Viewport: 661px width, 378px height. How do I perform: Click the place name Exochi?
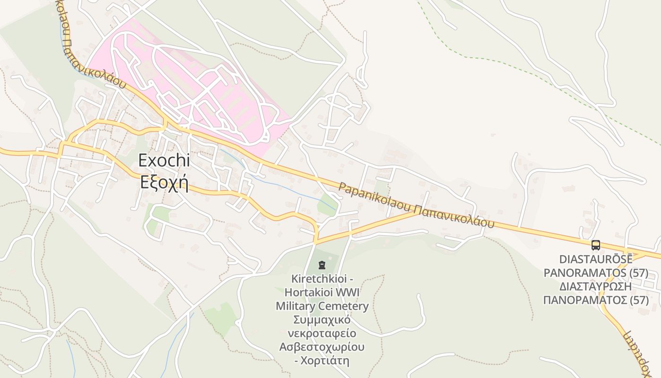coord(164,161)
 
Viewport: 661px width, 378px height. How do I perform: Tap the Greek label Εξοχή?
coord(164,182)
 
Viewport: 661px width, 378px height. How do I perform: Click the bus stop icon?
coord(596,245)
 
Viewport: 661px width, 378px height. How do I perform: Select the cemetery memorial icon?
coord(322,265)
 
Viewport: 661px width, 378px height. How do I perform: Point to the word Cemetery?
coord(343,306)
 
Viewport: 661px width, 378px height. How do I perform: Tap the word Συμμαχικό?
coord(322,320)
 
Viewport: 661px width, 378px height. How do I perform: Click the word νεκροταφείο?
coord(322,333)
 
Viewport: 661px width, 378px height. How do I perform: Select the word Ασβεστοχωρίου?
coord(322,347)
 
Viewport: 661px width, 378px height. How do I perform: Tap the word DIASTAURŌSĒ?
coord(596,259)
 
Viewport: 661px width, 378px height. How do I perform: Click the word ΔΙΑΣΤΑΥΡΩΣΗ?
coord(596,287)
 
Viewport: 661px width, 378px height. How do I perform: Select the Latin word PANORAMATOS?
coord(585,273)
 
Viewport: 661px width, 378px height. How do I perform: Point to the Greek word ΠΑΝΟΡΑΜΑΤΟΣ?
coord(585,300)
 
